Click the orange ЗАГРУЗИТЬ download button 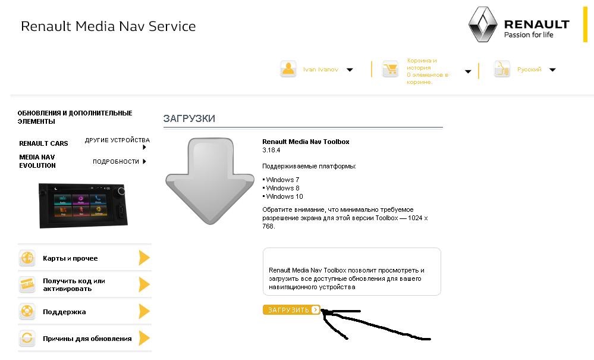click(291, 310)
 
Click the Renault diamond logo click(482, 26)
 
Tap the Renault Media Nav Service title click(108, 27)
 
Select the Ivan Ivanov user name click(320, 70)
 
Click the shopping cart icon click(390, 70)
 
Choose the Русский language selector click(529, 70)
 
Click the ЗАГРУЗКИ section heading click(189, 118)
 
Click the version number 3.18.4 click(271, 151)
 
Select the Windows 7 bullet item click(282, 180)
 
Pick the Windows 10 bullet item click(284, 196)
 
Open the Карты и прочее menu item click(70, 258)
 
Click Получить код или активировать click(74, 284)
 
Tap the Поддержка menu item click(64, 312)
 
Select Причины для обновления click(87, 339)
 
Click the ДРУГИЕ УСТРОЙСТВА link click(117, 140)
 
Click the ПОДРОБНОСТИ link click(117, 161)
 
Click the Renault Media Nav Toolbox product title click(306, 142)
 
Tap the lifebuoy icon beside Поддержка click(27, 311)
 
